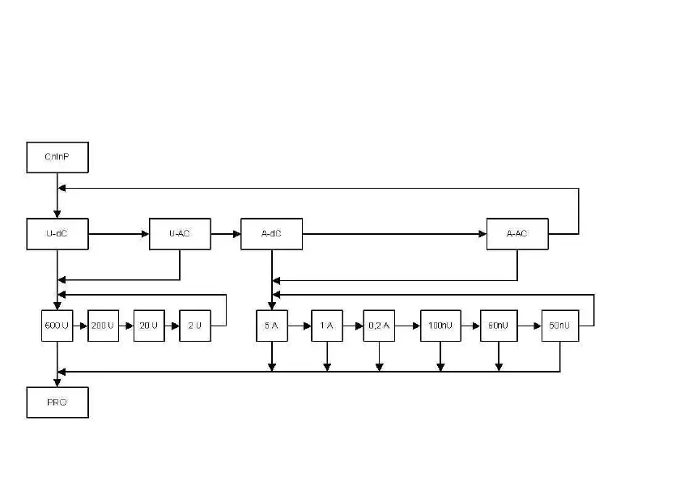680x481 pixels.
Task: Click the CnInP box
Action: [x=57, y=157]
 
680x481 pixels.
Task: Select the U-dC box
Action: [x=57, y=234]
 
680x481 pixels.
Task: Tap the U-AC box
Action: [x=180, y=234]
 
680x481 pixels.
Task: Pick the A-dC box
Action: [x=272, y=234]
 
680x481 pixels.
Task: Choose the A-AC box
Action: [x=516, y=234]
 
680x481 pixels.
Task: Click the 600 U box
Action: [x=57, y=326]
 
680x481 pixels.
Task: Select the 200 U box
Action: [x=103, y=326]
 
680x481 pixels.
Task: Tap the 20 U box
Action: [x=149, y=326]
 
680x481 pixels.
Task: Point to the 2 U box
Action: [x=194, y=326]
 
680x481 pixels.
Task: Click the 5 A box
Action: [x=272, y=326]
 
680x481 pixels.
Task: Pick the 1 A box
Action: [x=327, y=326]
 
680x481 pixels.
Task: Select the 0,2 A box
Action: [x=379, y=326]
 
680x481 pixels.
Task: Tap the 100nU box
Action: [x=440, y=326]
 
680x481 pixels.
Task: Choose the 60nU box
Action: [x=499, y=326]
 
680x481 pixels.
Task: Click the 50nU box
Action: [x=560, y=326]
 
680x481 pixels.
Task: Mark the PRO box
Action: [x=57, y=402]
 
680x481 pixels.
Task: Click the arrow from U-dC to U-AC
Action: [x=118, y=234]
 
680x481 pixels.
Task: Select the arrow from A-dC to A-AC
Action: [x=394, y=234]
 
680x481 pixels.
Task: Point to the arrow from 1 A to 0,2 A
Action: [x=353, y=326]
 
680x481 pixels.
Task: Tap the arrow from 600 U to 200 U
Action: [x=80, y=326]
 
